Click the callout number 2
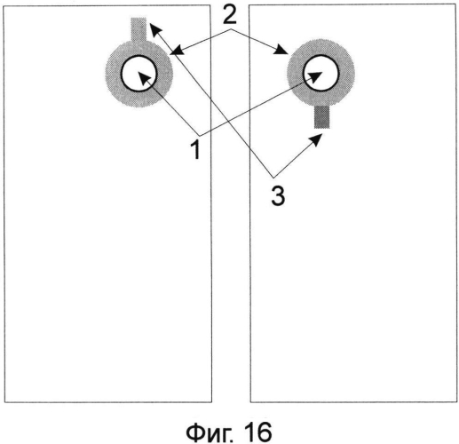point(230,16)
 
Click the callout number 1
point(195,150)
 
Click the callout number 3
point(278,196)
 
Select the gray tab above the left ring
point(138,29)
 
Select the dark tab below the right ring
point(321,117)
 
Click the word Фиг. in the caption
point(203,432)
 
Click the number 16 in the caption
point(257,432)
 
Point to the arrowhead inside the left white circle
point(144,79)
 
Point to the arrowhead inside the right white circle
point(316,76)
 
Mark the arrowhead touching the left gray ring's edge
point(177,52)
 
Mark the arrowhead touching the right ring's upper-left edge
point(281,50)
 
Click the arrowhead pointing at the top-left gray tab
point(155,30)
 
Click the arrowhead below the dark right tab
point(316,139)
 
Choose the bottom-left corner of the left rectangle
point(4,402)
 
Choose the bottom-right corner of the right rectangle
point(457,402)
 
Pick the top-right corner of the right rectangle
point(455,4)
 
